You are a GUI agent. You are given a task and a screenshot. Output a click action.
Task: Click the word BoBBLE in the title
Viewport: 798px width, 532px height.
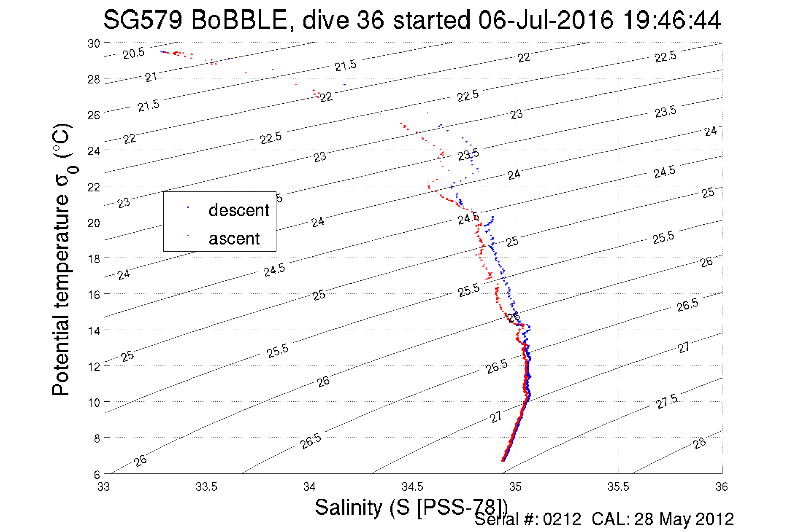pyautogui.click(x=239, y=20)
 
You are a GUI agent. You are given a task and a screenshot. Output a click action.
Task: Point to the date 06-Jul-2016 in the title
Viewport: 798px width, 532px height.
pyautogui.click(x=546, y=20)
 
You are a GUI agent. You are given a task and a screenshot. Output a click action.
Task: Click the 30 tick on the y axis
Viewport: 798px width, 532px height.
pyautogui.click(x=94, y=43)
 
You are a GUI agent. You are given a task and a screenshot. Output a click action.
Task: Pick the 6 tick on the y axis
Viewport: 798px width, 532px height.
pyautogui.click(x=97, y=474)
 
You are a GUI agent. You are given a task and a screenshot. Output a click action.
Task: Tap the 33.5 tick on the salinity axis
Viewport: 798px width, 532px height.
pyautogui.click(x=206, y=487)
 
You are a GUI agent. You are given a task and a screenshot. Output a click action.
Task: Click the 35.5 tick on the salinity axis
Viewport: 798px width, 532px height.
pyautogui.click(x=618, y=487)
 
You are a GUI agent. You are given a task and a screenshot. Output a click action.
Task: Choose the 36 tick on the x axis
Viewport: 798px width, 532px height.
pyautogui.click(x=722, y=487)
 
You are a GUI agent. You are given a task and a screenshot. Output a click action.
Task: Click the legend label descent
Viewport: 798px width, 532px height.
pyautogui.click(x=239, y=210)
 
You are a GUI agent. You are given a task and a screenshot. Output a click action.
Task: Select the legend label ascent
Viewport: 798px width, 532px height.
pyautogui.click(x=234, y=239)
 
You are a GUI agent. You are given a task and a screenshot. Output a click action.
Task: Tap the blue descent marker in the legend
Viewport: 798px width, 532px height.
pyautogui.click(x=188, y=207)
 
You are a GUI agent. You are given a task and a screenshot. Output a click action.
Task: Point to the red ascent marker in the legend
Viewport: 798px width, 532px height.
pyautogui.click(x=188, y=235)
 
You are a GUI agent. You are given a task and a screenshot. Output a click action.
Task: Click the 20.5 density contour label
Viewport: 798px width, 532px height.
pyautogui.click(x=133, y=54)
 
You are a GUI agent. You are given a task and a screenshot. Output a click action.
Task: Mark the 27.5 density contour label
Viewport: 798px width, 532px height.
pyautogui.click(x=667, y=401)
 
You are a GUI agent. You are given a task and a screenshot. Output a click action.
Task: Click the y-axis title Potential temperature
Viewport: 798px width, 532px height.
pyautogui.click(x=61, y=295)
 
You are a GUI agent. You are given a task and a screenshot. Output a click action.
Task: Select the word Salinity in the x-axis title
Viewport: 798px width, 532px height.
pyautogui.click(x=349, y=507)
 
